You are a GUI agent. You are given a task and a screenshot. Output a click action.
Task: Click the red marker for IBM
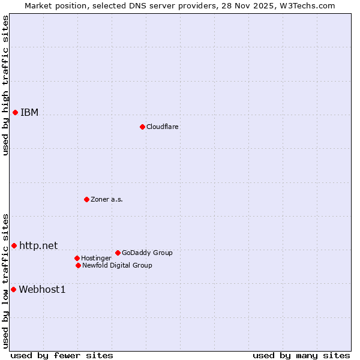(x=15, y=112)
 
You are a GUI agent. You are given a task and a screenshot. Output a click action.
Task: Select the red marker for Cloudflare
(x=142, y=127)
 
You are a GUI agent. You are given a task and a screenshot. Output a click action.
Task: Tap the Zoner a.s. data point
(x=86, y=199)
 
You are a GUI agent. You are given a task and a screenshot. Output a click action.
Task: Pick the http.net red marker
(x=14, y=245)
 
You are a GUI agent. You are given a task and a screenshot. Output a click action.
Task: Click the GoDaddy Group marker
(x=118, y=253)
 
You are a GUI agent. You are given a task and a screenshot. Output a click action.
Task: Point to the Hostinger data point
(x=77, y=258)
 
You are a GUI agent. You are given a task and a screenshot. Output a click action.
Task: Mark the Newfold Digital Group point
(x=78, y=265)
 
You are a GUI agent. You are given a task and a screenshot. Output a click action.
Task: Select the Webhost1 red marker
(x=13, y=289)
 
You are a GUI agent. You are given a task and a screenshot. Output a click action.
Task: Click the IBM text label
(x=29, y=113)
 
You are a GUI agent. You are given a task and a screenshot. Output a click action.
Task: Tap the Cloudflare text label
(x=162, y=127)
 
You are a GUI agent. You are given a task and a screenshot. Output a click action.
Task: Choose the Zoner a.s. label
(x=107, y=200)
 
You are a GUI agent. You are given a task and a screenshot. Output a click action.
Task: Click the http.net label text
(x=38, y=245)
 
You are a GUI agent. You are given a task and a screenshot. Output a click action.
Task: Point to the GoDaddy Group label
(x=147, y=253)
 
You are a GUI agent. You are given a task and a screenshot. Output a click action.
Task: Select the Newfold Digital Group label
(x=117, y=266)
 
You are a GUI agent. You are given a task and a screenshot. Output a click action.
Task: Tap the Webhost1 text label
(x=42, y=290)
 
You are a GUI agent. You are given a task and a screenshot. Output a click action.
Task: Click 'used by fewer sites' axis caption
(x=62, y=355)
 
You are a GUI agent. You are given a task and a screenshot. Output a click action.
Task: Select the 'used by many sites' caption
(x=301, y=355)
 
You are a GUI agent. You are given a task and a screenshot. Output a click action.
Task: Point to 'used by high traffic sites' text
(x=5, y=85)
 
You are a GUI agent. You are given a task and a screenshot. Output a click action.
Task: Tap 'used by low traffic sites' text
(x=5, y=281)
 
